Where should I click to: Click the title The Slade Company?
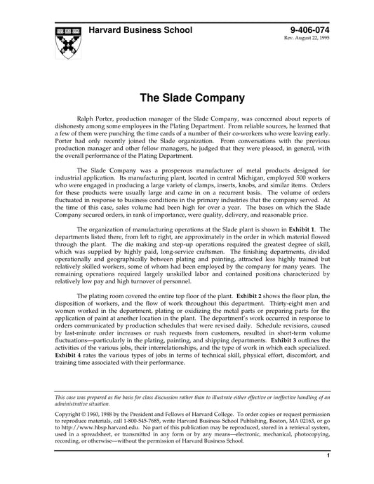pyautogui.click(x=187, y=98)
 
